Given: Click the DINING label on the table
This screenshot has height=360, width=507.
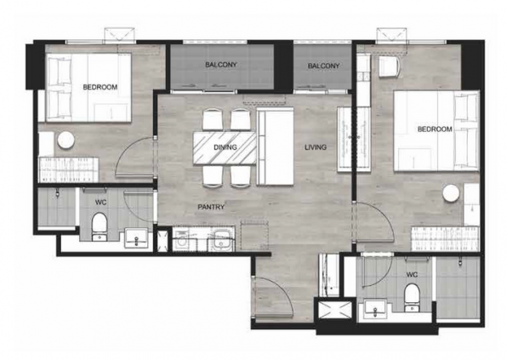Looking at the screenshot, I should [225, 147].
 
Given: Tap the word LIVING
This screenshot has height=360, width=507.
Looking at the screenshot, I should [316, 148].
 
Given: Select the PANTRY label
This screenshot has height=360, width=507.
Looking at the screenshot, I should [211, 206].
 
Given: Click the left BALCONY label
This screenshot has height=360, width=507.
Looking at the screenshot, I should [220, 66].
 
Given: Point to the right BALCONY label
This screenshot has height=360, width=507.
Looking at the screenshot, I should [323, 66].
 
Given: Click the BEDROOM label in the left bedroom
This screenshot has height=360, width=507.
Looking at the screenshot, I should [100, 87].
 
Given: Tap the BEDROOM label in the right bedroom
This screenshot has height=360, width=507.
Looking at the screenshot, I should [434, 129].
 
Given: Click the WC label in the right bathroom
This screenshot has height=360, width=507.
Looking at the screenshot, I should [412, 275].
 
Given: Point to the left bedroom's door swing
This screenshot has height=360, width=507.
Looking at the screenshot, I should [134, 155].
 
